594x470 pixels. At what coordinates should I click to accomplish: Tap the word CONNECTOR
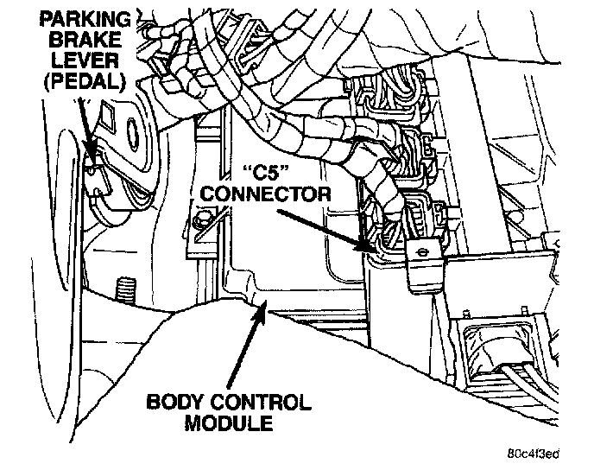[264, 194]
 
